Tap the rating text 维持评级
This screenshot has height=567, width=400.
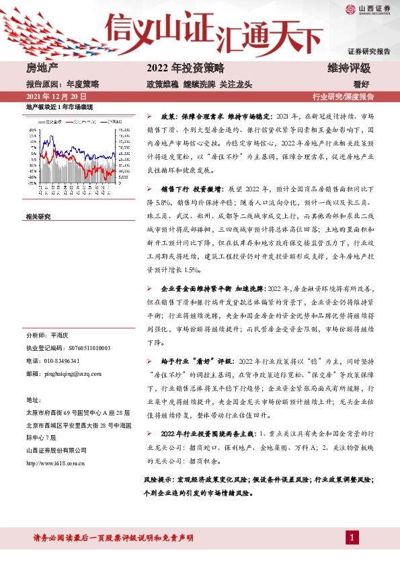click(348, 69)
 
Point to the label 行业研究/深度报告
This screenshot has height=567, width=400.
click(343, 96)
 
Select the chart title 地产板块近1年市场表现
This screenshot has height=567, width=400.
click(58, 106)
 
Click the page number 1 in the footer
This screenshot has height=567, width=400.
click(352, 537)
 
